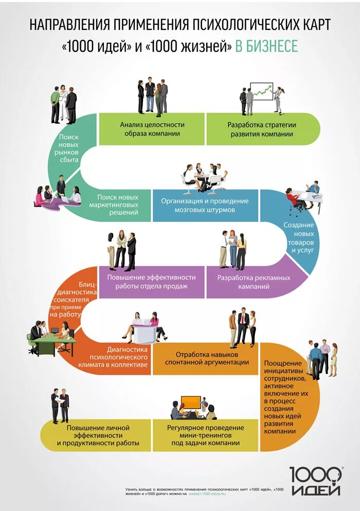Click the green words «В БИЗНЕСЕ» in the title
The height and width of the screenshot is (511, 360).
266,46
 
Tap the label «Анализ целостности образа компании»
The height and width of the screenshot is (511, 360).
152,129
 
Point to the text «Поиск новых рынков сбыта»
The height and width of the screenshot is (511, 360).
68,149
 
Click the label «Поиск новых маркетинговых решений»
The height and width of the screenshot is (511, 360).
117,204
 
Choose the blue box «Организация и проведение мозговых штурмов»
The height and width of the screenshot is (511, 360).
204,205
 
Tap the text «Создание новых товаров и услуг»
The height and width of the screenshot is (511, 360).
298,237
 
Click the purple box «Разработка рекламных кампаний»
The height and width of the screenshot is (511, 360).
254,281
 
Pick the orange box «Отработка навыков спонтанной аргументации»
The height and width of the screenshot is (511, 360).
205,358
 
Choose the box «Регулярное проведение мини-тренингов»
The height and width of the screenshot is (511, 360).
205,435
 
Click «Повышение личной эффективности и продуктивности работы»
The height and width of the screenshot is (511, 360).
98,435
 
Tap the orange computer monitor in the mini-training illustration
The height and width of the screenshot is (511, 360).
191,401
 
